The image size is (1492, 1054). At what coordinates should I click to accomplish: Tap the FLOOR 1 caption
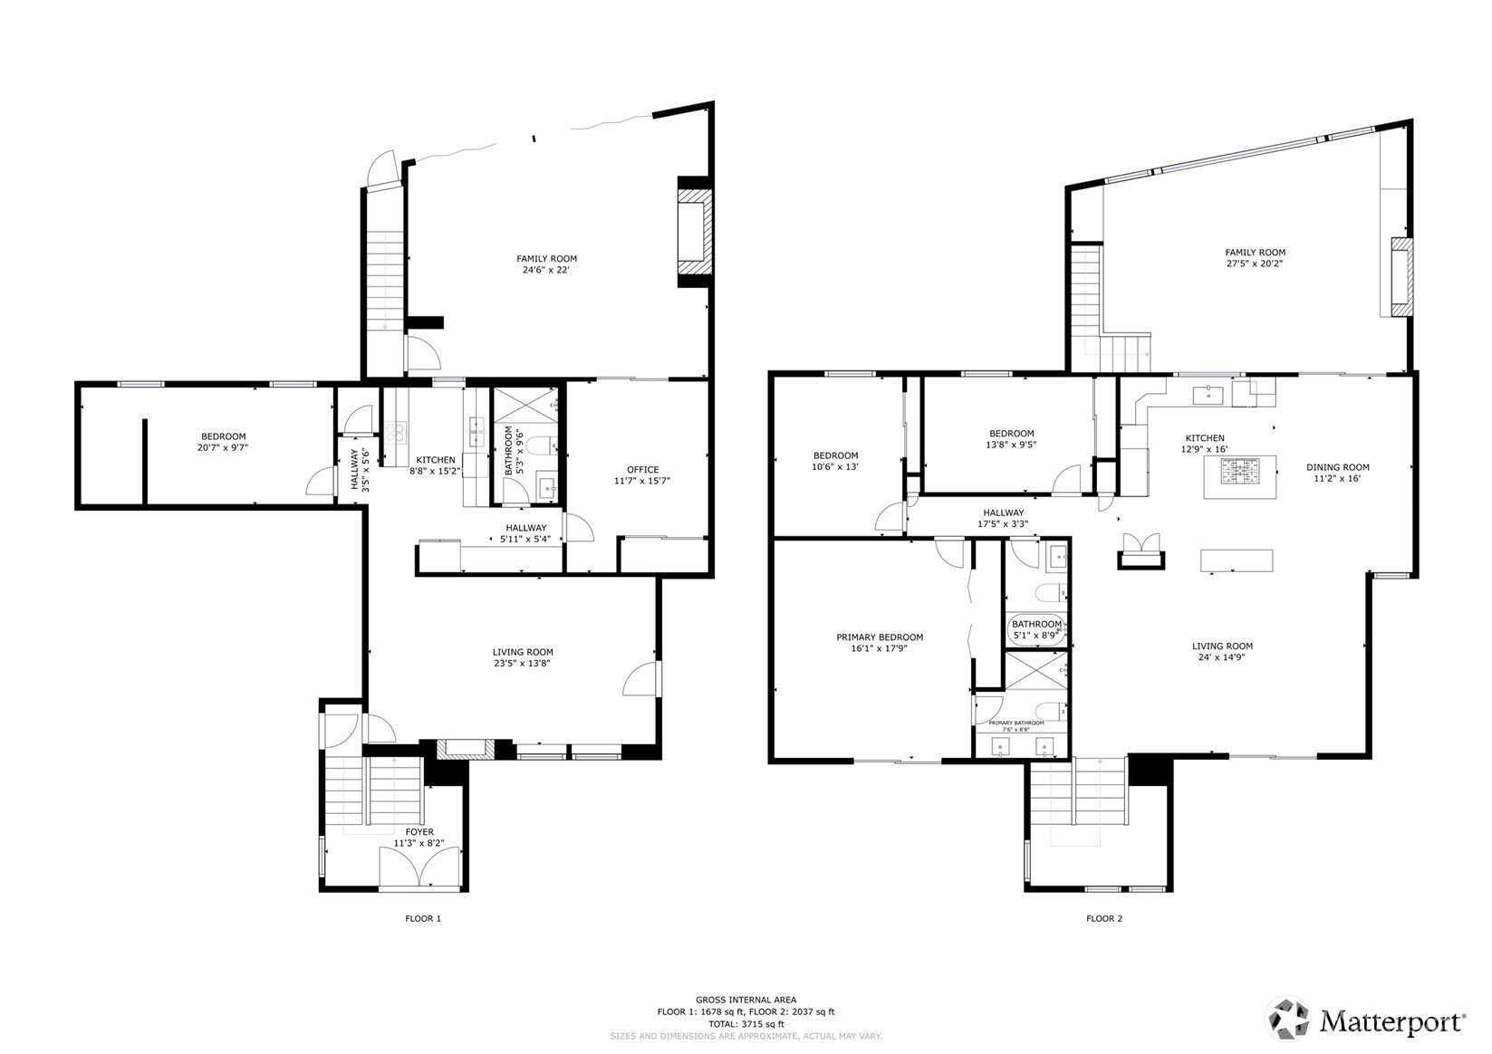[423, 919]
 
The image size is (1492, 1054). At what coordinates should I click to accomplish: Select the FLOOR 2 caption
[1104, 919]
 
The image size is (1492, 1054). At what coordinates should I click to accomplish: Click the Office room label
[642, 469]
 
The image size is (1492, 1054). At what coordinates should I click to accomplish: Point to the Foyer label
[419, 832]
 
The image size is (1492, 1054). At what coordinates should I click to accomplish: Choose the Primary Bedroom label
[880, 637]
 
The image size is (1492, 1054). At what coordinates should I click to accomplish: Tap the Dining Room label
[1337, 467]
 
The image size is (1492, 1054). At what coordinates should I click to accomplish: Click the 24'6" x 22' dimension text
[546, 271]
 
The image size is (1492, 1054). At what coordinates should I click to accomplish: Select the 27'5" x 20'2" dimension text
[1255, 263]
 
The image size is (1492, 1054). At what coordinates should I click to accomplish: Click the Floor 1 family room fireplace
[695, 232]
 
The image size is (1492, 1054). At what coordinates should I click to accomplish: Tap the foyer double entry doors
[420, 867]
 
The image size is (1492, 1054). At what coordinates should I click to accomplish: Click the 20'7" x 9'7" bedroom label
[223, 443]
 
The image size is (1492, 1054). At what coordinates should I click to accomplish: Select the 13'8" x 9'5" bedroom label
[1011, 439]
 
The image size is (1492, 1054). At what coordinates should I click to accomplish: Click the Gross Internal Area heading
[746, 1000]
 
